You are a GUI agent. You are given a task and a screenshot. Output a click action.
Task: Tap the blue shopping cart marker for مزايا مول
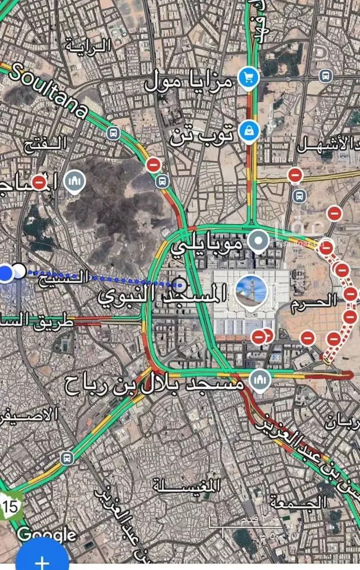click(249, 77)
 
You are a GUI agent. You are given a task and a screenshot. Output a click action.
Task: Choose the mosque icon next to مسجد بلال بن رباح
click(260, 380)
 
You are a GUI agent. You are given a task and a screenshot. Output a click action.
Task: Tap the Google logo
click(47, 534)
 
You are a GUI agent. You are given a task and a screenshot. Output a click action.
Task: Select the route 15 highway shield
click(11, 506)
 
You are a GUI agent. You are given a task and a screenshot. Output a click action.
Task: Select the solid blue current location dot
click(6, 273)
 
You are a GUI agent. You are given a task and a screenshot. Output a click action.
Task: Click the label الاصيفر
click(29, 414)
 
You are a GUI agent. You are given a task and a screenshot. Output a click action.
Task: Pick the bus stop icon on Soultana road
click(114, 133)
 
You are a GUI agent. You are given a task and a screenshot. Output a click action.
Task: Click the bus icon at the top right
click(326, 76)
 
